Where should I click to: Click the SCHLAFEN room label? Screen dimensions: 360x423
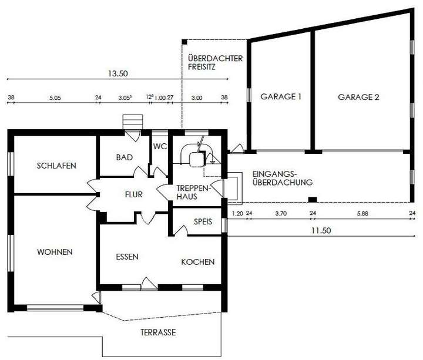pos(56,166)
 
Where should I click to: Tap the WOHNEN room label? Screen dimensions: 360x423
pos(55,252)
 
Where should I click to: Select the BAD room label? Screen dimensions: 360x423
pos(125,157)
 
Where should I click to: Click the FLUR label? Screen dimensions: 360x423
pos(134,194)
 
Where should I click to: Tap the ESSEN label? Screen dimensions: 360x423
pos(127,257)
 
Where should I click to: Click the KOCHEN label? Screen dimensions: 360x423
pos(197,262)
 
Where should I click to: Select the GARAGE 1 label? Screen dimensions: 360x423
pos(280,97)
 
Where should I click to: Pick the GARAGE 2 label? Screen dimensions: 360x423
pos(358,97)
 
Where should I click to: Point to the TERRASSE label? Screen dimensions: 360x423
pos(158,332)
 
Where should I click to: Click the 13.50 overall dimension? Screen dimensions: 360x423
pos(118,74)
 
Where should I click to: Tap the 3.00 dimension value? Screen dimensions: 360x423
pos(196,98)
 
